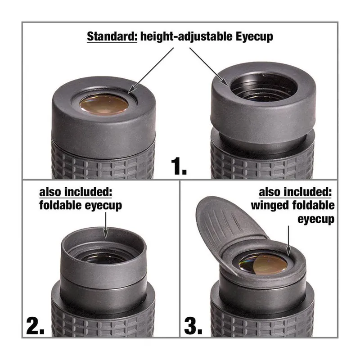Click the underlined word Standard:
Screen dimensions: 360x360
tap(112, 37)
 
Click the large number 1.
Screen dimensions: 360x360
tap(179, 166)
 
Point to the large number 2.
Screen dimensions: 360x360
tap(35, 326)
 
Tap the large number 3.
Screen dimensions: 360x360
tap(193, 326)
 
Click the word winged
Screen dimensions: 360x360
tap(269, 206)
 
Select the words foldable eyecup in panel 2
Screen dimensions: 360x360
tap(81, 205)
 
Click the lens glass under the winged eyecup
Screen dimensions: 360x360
tap(263, 265)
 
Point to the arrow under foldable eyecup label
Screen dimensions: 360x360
tap(106, 225)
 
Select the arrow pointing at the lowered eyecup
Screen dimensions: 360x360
tap(151, 71)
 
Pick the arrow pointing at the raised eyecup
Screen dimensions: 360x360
tap(209, 67)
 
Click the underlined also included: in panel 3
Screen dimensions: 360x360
tap(295, 192)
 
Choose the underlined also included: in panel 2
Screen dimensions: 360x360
tap(76, 192)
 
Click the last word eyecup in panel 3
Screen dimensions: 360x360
tap(316, 219)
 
